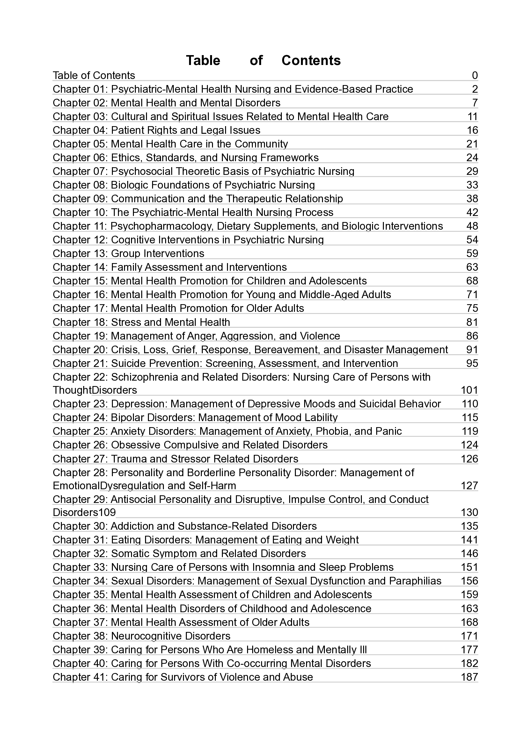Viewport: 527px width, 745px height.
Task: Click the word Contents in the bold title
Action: click(311, 61)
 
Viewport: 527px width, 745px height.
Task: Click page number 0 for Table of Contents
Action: click(475, 75)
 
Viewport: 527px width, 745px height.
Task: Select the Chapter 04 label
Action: click(80, 131)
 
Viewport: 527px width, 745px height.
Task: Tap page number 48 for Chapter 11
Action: click(472, 226)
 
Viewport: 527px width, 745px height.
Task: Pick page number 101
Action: click(469, 390)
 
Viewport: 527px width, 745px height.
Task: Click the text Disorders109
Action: click(84, 512)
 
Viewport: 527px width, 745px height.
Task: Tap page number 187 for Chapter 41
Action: click(469, 677)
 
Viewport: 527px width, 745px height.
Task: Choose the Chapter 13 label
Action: click(80, 254)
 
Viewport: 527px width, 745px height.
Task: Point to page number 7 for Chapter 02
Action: click(475, 103)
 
